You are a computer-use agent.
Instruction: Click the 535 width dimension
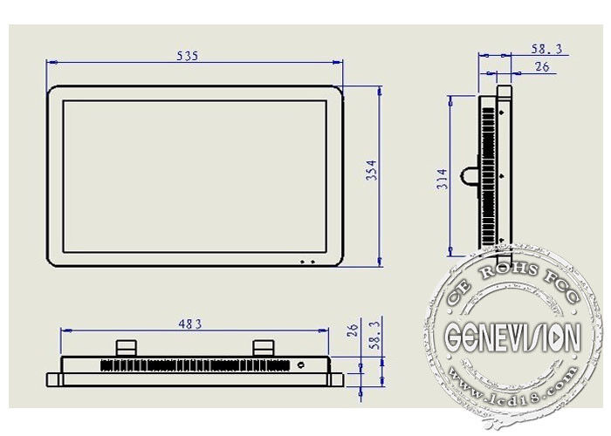(x=188, y=56)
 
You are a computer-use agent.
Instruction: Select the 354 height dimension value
(x=372, y=171)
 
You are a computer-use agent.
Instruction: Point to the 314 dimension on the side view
(x=443, y=179)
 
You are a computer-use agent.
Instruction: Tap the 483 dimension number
(x=190, y=324)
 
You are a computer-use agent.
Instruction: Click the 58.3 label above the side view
(x=546, y=49)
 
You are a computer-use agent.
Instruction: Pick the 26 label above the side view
(x=542, y=67)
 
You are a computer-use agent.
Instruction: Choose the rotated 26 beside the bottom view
(x=353, y=330)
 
